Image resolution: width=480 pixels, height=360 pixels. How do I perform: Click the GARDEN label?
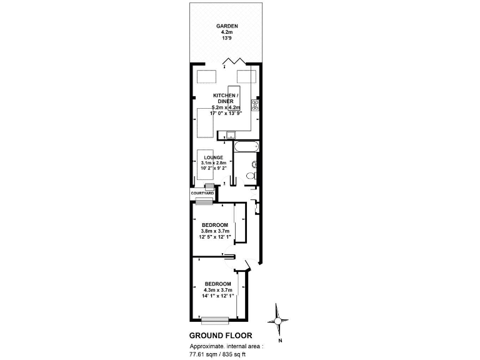(x=226, y=26)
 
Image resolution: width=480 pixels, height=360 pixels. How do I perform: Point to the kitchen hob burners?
(x=255, y=104)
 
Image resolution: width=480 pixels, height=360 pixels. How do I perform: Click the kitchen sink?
(x=231, y=133)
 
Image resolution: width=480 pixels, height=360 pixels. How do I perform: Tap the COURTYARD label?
(x=202, y=194)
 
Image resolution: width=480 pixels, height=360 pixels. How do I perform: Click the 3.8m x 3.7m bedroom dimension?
(x=211, y=231)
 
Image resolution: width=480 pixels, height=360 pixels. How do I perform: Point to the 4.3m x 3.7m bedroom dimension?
(x=217, y=289)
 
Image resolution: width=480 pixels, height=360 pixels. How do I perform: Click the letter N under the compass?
(x=281, y=341)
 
